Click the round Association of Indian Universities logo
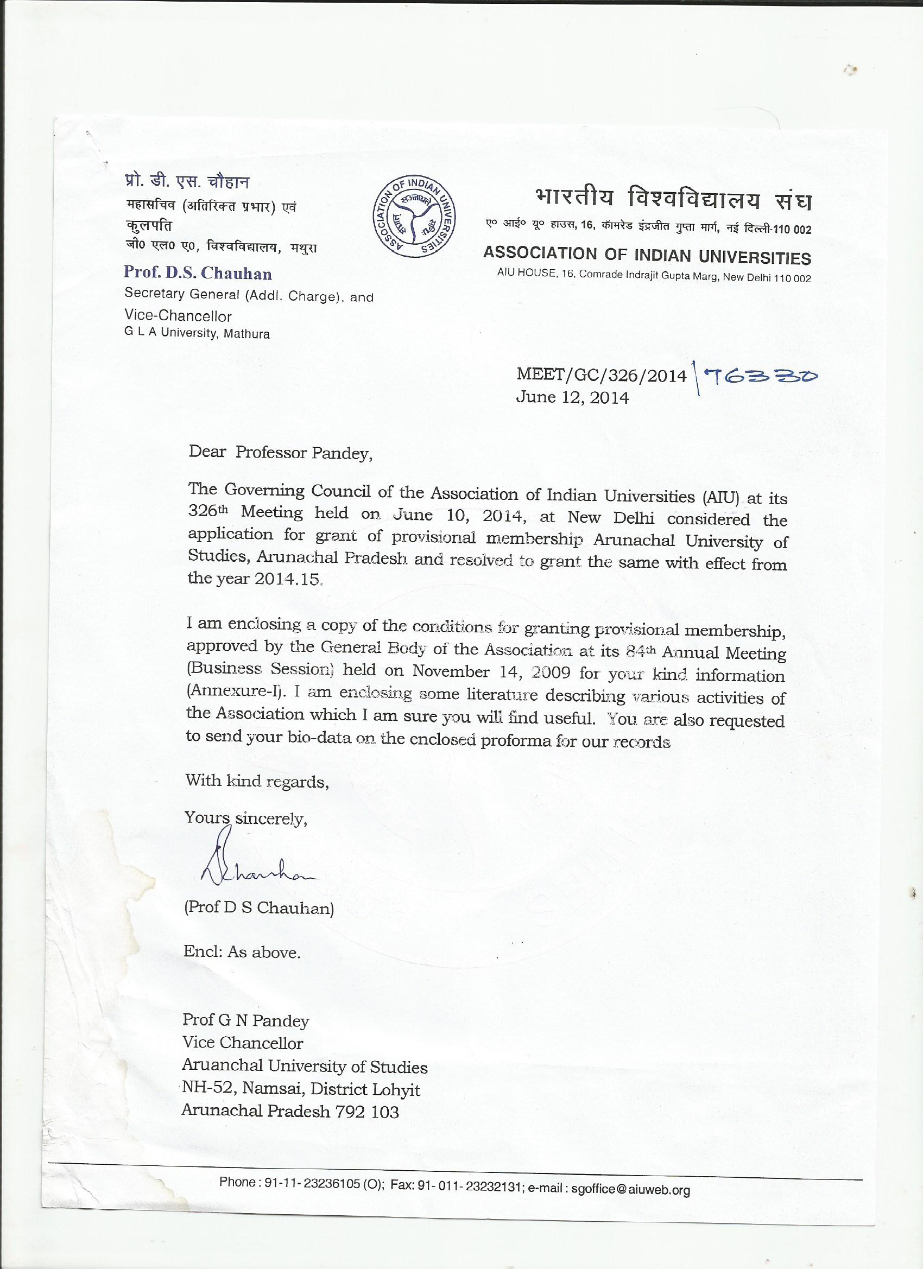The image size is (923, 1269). tap(414, 218)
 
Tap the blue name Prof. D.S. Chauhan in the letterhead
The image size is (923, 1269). tap(198, 273)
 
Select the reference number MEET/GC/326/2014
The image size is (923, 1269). tap(601, 375)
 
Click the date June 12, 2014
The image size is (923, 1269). tap(572, 397)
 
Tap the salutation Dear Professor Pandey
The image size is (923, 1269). tap(280, 452)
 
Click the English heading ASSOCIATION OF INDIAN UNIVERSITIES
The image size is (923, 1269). tap(647, 256)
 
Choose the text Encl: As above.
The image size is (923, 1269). tap(242, 953)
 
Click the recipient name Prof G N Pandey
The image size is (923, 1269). tap(246, 1020)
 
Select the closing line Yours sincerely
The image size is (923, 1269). tap(246, 818)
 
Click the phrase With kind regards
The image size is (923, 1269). tap(257, 781)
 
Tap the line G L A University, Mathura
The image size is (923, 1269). tap(197, 333)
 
